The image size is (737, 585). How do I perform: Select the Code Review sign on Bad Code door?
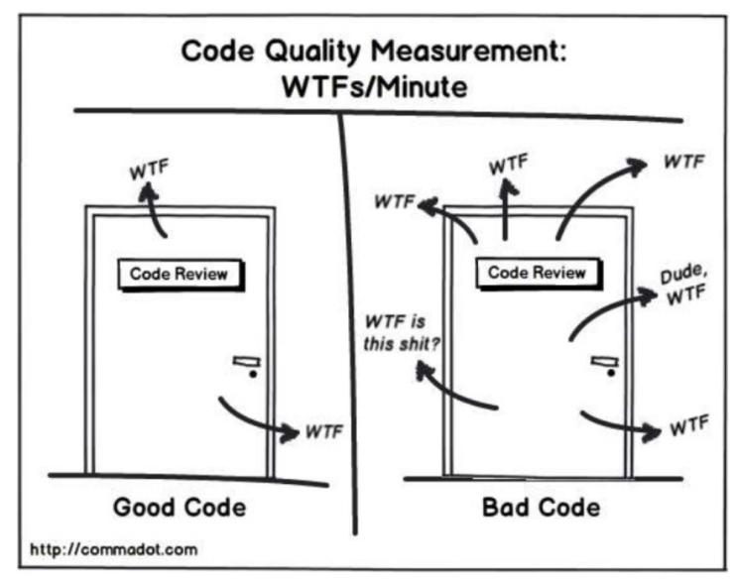click(x=537, y=272)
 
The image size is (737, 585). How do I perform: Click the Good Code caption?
click(x=179, y=508)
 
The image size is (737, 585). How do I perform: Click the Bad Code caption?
click(x=541, y=508)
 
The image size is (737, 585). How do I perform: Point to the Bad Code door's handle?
click(x=602, y=365)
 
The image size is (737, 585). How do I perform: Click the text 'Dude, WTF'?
click(x=681, y=289)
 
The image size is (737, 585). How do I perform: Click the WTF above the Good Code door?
click(x=150, y=169)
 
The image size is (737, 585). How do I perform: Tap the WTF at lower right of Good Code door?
click(x=324, y=432)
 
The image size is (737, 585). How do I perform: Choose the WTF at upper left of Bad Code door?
click(x=394, y=201)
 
